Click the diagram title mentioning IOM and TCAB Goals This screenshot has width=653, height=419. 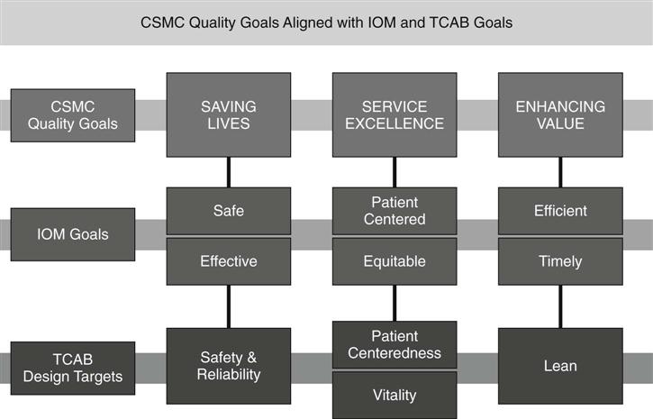[x=326, y=23]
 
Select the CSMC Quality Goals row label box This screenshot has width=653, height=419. [x=73, y=114]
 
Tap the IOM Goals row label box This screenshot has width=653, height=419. [x=73, y=234]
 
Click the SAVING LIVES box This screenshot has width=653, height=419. [x=229, y=114]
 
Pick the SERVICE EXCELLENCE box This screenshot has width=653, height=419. [x=395, y=114]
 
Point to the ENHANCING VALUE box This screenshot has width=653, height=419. [x=560, y=114]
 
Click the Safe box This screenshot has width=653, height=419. [x=229, y=211]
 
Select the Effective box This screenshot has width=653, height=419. [x=229, y=261]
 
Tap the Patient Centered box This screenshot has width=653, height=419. [x=395, y=211]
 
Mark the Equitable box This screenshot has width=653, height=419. [x=395, y=261]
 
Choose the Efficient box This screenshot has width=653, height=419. [x=560, y=211]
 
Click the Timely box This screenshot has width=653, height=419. [x=560, y=261]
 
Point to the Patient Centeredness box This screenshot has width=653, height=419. [x=395, y=344]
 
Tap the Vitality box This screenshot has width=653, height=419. [x=395, y=395]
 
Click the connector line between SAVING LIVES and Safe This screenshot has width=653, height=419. [x=229, y=172]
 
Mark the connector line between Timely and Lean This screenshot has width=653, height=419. [x=560, y=306]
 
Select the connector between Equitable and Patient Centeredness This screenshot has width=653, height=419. [x=395, y=303]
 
